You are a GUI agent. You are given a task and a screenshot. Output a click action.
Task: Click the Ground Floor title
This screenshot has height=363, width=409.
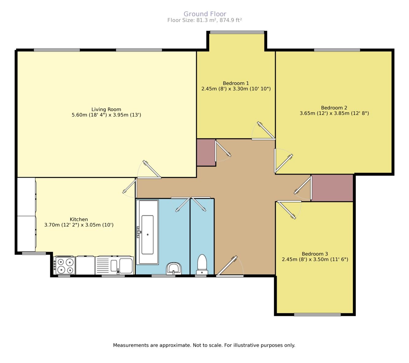point(205,14)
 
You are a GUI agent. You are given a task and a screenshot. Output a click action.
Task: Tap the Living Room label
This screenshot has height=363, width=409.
point(106,109)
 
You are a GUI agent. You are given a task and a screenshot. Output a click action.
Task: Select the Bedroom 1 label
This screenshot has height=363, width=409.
point(236,83)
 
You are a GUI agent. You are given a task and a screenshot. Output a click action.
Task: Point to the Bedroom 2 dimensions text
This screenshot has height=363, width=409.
point(334,113)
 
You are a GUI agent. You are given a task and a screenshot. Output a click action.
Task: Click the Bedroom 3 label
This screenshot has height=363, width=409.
point(315,254)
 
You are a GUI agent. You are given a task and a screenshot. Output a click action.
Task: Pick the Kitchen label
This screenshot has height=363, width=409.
point(79,219)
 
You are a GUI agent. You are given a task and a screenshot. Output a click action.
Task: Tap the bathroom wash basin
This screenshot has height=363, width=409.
point(174,268)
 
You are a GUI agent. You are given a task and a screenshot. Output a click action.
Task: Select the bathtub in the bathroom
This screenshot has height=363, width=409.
point(147,232)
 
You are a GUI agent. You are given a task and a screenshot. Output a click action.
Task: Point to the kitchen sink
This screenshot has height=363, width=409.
point(114,266)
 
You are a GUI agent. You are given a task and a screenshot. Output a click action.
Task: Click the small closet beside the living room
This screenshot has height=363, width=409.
point(206,152)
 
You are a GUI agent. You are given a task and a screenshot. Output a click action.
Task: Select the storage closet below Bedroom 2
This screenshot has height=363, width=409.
point(332,188)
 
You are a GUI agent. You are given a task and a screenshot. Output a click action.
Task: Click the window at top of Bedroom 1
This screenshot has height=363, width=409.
point(237,32)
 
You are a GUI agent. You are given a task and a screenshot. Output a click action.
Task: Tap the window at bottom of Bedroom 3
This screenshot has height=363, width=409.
point(317,314)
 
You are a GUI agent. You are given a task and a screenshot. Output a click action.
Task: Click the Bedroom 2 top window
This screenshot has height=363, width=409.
point(337,50)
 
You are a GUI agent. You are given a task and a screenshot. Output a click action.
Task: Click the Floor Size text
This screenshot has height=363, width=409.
point(205,20)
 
